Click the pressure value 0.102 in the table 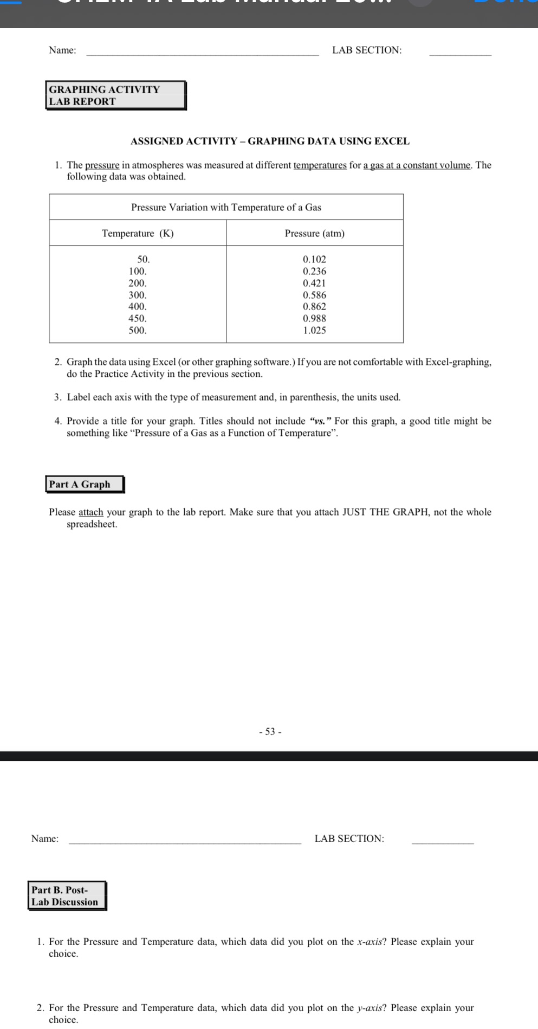click(314, 260)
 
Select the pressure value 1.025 click(314, 330)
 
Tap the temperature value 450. click(137, 318)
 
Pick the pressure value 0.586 click(314, 295)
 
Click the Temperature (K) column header click(138, 233)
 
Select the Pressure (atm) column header click(314, 233)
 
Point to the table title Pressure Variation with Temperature click(226, 207)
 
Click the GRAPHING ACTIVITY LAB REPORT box click(116, 95)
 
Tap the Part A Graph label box click(85, 484)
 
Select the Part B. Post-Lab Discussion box click(67, 896)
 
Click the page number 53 click(270, 731)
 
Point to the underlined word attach click(90, 512)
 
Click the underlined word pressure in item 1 click(102, 165)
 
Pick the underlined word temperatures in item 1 click(320, 165)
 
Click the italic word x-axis click(370, 942)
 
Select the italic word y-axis click(370, 1008)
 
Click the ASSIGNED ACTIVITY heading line click(270, 141)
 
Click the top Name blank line click(203, 53)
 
